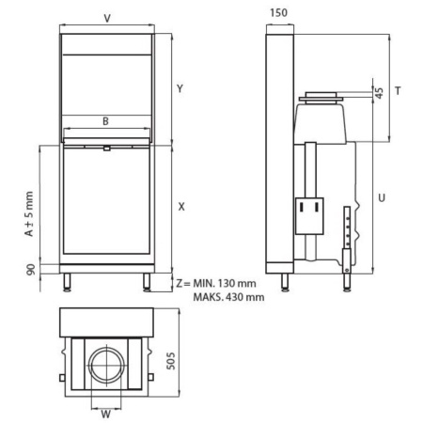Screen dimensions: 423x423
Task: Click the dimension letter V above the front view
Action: [106, 17]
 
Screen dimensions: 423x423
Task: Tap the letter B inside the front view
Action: [106, 120]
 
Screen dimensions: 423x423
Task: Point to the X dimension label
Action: [181, 206]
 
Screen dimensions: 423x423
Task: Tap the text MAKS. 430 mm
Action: [226, 297]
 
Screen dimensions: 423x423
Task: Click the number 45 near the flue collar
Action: [379, 92]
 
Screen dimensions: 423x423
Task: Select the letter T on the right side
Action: [399, 90]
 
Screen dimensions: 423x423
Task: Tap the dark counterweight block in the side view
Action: [307, 215]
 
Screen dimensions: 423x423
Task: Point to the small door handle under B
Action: [106, 147]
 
